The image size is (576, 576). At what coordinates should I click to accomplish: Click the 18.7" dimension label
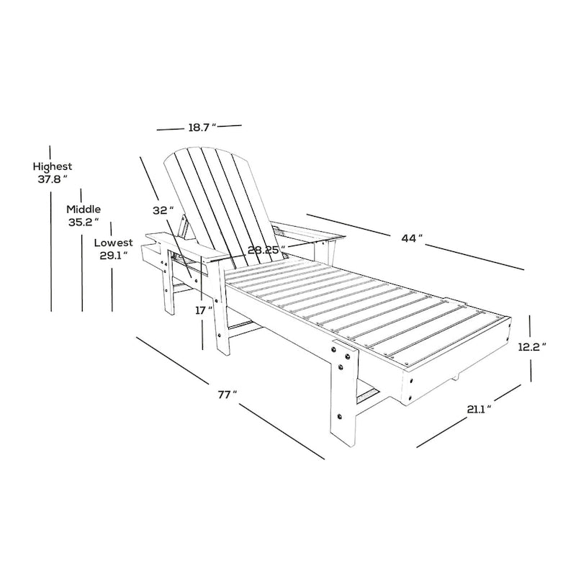[201, 128]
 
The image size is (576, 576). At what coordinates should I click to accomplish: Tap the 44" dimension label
[411, 239]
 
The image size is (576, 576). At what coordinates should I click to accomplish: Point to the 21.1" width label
[477, 409]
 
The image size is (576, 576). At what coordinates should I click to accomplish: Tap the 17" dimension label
[204, 310]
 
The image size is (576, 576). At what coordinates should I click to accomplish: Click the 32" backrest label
[163, 210]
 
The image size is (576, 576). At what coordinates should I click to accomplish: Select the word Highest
[52, 166]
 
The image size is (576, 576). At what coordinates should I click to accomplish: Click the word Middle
[84, 209]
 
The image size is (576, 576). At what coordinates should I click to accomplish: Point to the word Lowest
[113, 243]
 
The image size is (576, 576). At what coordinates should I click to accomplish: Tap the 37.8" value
[53, 179]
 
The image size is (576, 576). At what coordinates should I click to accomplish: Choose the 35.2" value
[84, 222]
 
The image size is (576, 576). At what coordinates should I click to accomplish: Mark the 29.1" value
[114, 255]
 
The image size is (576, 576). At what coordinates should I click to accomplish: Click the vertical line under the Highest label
[52, 252]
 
